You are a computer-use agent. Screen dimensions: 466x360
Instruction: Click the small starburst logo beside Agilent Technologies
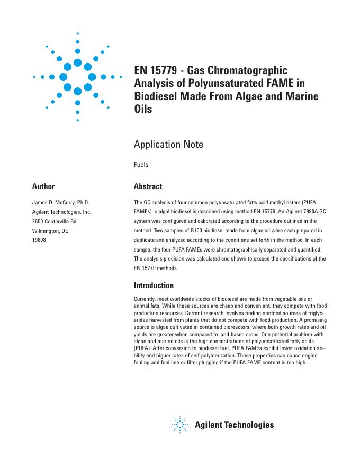pos(181,425)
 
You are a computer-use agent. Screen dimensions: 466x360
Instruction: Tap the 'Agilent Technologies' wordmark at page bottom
pos(234,425)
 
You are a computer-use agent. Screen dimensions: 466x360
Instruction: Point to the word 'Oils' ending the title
pos(143,110)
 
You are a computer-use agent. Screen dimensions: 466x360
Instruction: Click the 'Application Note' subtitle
pos(168,144)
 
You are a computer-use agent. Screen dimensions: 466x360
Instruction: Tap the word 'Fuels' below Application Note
pos(141,165)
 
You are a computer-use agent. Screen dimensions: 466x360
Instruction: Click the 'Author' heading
pos(43,186)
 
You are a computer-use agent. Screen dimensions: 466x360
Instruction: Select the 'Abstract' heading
pos(148,186)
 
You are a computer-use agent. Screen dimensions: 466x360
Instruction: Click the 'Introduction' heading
pos(154,285)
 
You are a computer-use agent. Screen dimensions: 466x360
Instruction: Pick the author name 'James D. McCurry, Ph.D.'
pos(61,202)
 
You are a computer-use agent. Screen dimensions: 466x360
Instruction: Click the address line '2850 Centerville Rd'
pos(55,221)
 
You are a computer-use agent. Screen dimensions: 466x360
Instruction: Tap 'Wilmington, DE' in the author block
pos(50,231)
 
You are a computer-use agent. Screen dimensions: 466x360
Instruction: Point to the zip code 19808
pos(40,240)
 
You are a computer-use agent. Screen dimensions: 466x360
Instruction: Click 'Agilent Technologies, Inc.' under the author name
pos(62,212)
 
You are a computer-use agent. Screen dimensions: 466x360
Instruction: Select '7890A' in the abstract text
pos(300,212)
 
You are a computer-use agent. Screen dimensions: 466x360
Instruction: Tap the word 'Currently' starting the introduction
pos(146,300)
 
